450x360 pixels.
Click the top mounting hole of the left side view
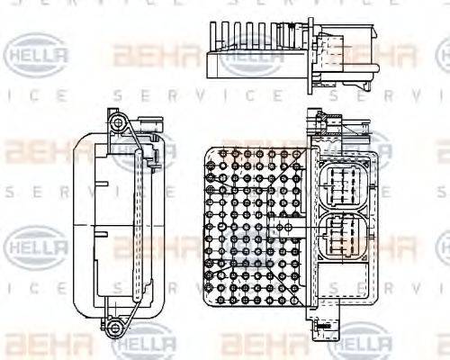(115, 121)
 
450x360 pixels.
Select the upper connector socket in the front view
(340, 184)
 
